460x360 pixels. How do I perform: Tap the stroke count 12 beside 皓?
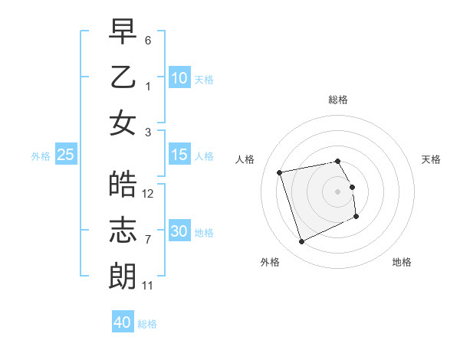pyautogui.click(x=149, y=193)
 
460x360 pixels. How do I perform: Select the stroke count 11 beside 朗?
pyautogui.click(x=149, y=285)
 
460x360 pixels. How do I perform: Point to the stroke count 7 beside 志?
pyautogui.click(x=148, y=239)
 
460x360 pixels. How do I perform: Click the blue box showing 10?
pyautogui.click(x=179, y=78)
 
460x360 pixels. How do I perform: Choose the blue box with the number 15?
pyautogui.click(x=179, y=155)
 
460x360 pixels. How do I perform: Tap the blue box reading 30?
pyautogui.click(x=179, y=231)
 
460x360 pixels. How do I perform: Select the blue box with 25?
pyautogui.click(x=66, y=155)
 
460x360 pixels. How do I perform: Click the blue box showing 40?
pyautogui.click(x=123, y=322)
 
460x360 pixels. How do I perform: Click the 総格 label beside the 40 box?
pyautogui.click(x=147, y=324)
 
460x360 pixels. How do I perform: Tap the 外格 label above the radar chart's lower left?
pyautogui.click(x=270, y=262)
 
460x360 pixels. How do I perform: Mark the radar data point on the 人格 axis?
pyautogui.click(x=280, y=172)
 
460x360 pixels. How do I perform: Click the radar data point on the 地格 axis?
pyautogui.click(x=356, y=217)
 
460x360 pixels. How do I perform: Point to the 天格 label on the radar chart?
pyautogui.click(x=432, y=159)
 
